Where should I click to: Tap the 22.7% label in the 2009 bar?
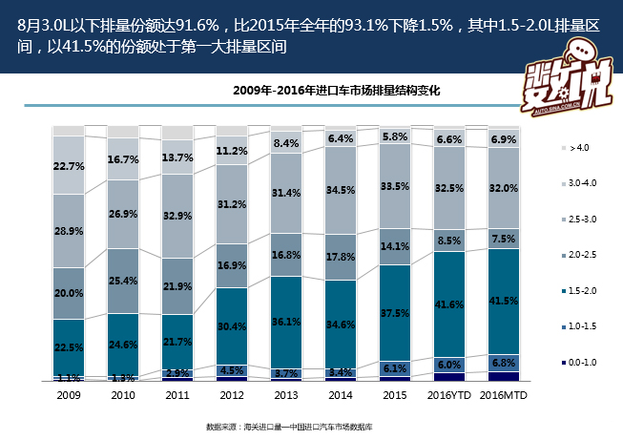69,166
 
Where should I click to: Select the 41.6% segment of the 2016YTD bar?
449,303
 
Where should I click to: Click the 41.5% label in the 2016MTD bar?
504,302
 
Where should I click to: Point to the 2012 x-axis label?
232,394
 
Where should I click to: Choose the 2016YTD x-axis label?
449,394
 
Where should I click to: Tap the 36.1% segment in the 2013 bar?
286,322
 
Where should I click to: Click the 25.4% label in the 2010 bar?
123,281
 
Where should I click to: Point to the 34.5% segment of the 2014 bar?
341,191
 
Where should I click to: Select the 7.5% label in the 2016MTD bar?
504,238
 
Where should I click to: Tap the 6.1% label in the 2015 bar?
395,367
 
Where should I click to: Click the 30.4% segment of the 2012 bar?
232,325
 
